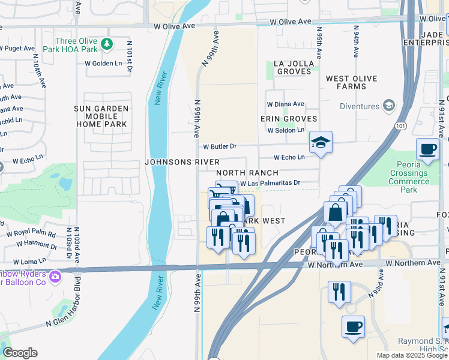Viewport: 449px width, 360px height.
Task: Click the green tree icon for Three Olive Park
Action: pyautogui.click(x=107, y=43)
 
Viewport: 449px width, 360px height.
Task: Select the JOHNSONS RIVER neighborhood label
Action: pyautogui.click(x=182, y=163)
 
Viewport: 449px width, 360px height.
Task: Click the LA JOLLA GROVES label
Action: pyautogui.click(x=294, y=67)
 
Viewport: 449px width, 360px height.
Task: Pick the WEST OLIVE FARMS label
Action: pyautogui.click(x=354, y=83)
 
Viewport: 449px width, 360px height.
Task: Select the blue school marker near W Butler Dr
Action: pyautogui.click(x=321, y=143)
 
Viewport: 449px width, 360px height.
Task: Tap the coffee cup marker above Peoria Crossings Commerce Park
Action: pyautogui.click(x=427, y=149)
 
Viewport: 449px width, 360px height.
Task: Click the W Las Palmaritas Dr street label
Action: pyautogui.click(x=270, y=184)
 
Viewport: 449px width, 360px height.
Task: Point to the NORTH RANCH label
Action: pyautogui.click(x=247, y=173)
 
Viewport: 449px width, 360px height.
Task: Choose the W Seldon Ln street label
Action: pyautogui.click(x=286, y=130)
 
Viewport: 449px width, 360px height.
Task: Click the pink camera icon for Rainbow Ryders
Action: pyautogui.click(x=55, y=277)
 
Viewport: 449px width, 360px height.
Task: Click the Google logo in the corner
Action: pyautogui.click(x=20, y=353)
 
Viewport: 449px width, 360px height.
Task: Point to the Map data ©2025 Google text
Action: pyautogui.click(x=411, y=355)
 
